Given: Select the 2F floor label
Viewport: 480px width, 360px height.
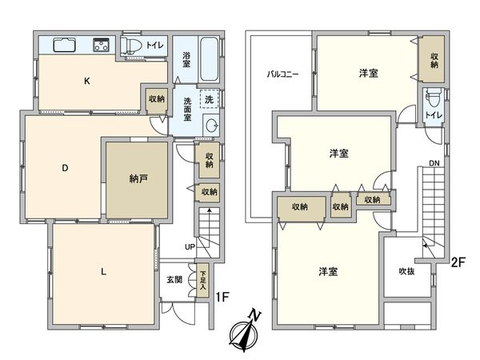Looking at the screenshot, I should pos(458,261).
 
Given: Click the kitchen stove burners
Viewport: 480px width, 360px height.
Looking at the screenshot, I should pos(102,45).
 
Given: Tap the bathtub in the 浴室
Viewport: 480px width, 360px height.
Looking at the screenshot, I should pos(206,56).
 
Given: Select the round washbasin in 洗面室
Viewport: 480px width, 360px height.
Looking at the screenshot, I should pos(211,125).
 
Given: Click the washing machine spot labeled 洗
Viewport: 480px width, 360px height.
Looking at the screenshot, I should pos(209,100).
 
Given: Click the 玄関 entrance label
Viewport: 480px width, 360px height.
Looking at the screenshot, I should pos(174,280).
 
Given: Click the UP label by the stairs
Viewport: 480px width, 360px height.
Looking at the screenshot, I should pos(189,247).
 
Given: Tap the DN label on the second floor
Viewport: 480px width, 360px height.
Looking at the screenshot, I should pos(434,164).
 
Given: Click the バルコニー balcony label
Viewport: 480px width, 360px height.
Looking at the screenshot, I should pos(282,74).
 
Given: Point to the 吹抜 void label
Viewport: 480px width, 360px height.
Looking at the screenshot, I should pos(407,270).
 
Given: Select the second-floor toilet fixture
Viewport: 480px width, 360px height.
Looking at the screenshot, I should pos(433,102).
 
